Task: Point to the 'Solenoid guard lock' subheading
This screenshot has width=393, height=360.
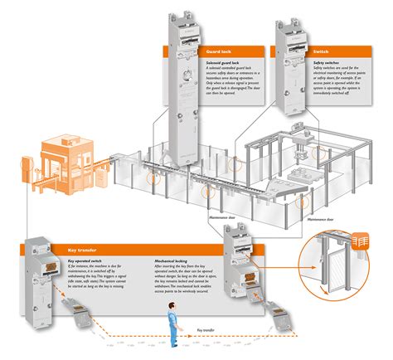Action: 225,61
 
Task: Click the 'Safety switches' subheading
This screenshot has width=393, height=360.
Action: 316,61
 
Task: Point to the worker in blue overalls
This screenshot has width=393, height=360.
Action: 174,311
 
